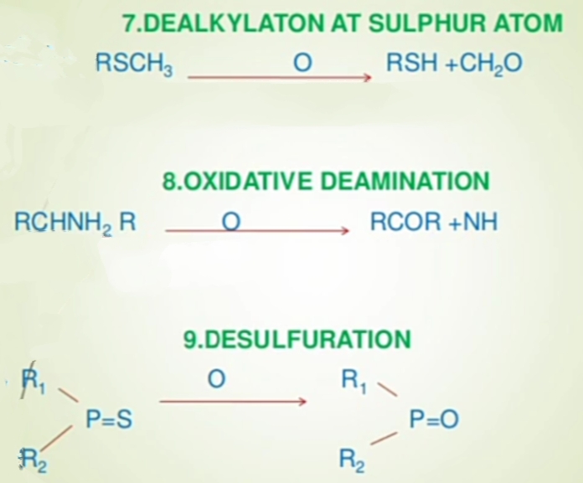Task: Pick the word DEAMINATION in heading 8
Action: [x=405, y=181]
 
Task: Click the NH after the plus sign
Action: [x=482, y=222]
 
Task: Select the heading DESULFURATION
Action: [x=297, y=339]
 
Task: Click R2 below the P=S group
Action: [x=31, y=459]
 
